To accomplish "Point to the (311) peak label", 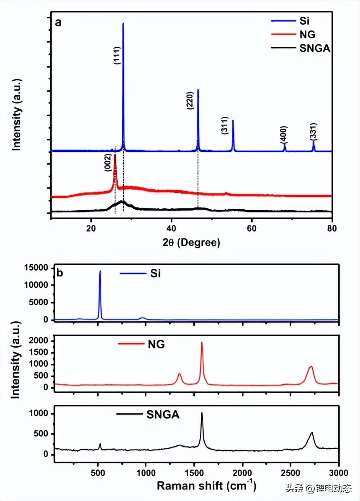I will (x=225, y=125).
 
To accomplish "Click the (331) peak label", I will (x=314, y=131).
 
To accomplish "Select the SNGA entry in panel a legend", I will (x=315, y=49).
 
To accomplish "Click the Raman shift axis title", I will (x=206, y=486).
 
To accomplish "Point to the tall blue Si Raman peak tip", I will (x=100, y=271).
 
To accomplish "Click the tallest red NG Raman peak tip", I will (x=202, y=342).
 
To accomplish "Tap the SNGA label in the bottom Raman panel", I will (x=163, y=415).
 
